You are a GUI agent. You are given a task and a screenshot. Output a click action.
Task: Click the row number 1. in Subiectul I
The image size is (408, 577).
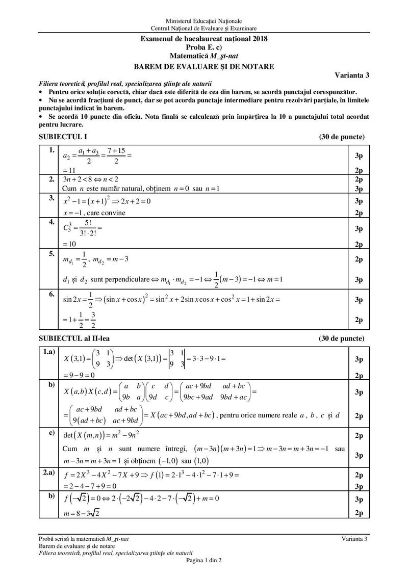[x=50, y=151]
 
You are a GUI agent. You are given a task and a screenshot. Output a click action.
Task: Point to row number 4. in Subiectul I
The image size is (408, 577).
[x=50, y=221]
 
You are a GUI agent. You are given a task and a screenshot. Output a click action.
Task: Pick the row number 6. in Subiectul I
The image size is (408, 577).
[x=50, y=295]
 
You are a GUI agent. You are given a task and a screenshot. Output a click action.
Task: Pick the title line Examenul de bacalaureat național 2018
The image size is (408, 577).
[x=204, y=39]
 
